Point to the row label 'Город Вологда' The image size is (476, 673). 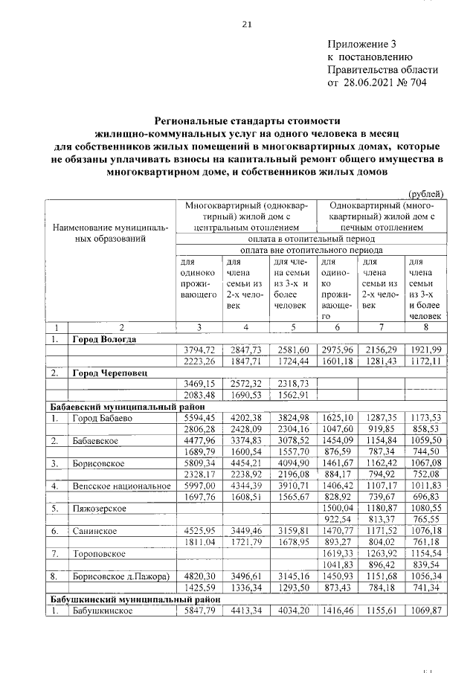click(104, 339)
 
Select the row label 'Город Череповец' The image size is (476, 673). click(109, 371)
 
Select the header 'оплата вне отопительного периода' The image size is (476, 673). click(312, 251)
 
